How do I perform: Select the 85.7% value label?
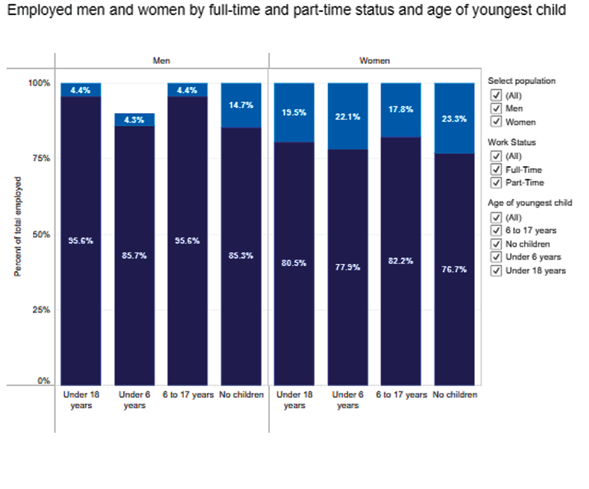coord(135,255)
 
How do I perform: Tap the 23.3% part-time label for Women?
coord(455,119)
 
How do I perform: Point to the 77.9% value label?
coord(348,267)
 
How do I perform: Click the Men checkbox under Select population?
coord(496,109)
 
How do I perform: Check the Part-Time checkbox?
coord(496,183)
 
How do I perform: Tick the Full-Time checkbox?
coord(496,169)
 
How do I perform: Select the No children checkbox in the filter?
coord(496,244)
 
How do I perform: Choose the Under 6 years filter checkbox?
coord(496,257)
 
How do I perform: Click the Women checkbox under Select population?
coord(496,122)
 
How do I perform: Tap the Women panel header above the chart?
coord(375,61)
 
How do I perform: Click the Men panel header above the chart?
coord(161,61)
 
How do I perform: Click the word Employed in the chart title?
coord(33,11)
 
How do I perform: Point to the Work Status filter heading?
coord(512,143)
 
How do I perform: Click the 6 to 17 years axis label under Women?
coord(401,395)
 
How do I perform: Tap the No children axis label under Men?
coord(241,395)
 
